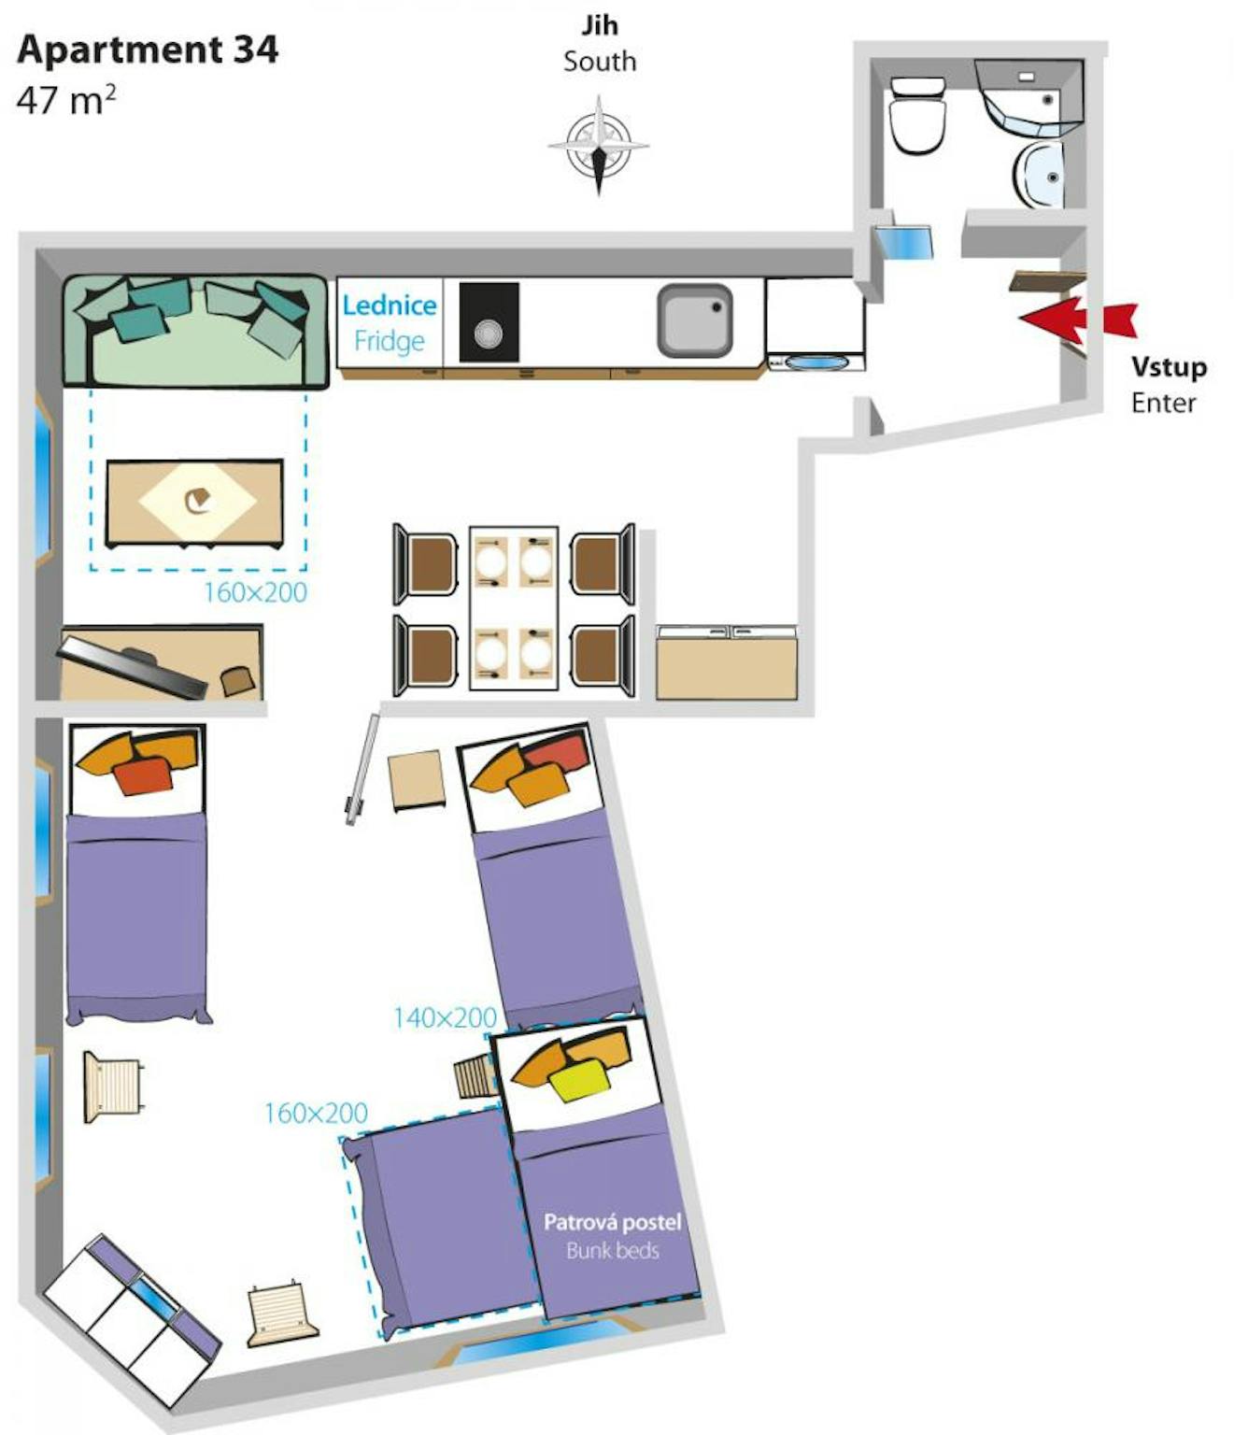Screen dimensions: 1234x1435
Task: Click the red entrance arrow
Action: (x=1077, y=320)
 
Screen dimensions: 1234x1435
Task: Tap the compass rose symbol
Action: (x=598, y=146)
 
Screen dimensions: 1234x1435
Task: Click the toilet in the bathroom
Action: (x=917, y=115)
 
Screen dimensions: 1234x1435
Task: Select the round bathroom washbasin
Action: (x=1038, y=175)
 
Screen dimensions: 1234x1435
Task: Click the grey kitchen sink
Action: (x=694, y=320)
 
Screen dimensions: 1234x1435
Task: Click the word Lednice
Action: (x=390, y=305)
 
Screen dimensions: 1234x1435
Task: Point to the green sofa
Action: (x=195, y=332)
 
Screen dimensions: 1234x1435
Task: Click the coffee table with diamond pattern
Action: (x=194, y=502)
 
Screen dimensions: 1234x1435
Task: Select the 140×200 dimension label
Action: (x=445, y=1018)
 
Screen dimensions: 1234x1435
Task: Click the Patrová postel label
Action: (x=612, y=1222)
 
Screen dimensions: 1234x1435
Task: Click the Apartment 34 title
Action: (x=148, y=50)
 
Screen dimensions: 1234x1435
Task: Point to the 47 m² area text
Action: (x=66, y=100)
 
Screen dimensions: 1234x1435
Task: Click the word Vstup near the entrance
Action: (x=1169, y=367)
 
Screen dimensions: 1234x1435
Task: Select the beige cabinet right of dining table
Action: (x=727, y=662)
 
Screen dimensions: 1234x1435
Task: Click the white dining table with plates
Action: (x=514, y=608)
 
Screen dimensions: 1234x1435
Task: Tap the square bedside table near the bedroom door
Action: (x=416, y=780)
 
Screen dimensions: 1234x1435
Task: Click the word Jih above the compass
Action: (x=599, y=26)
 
